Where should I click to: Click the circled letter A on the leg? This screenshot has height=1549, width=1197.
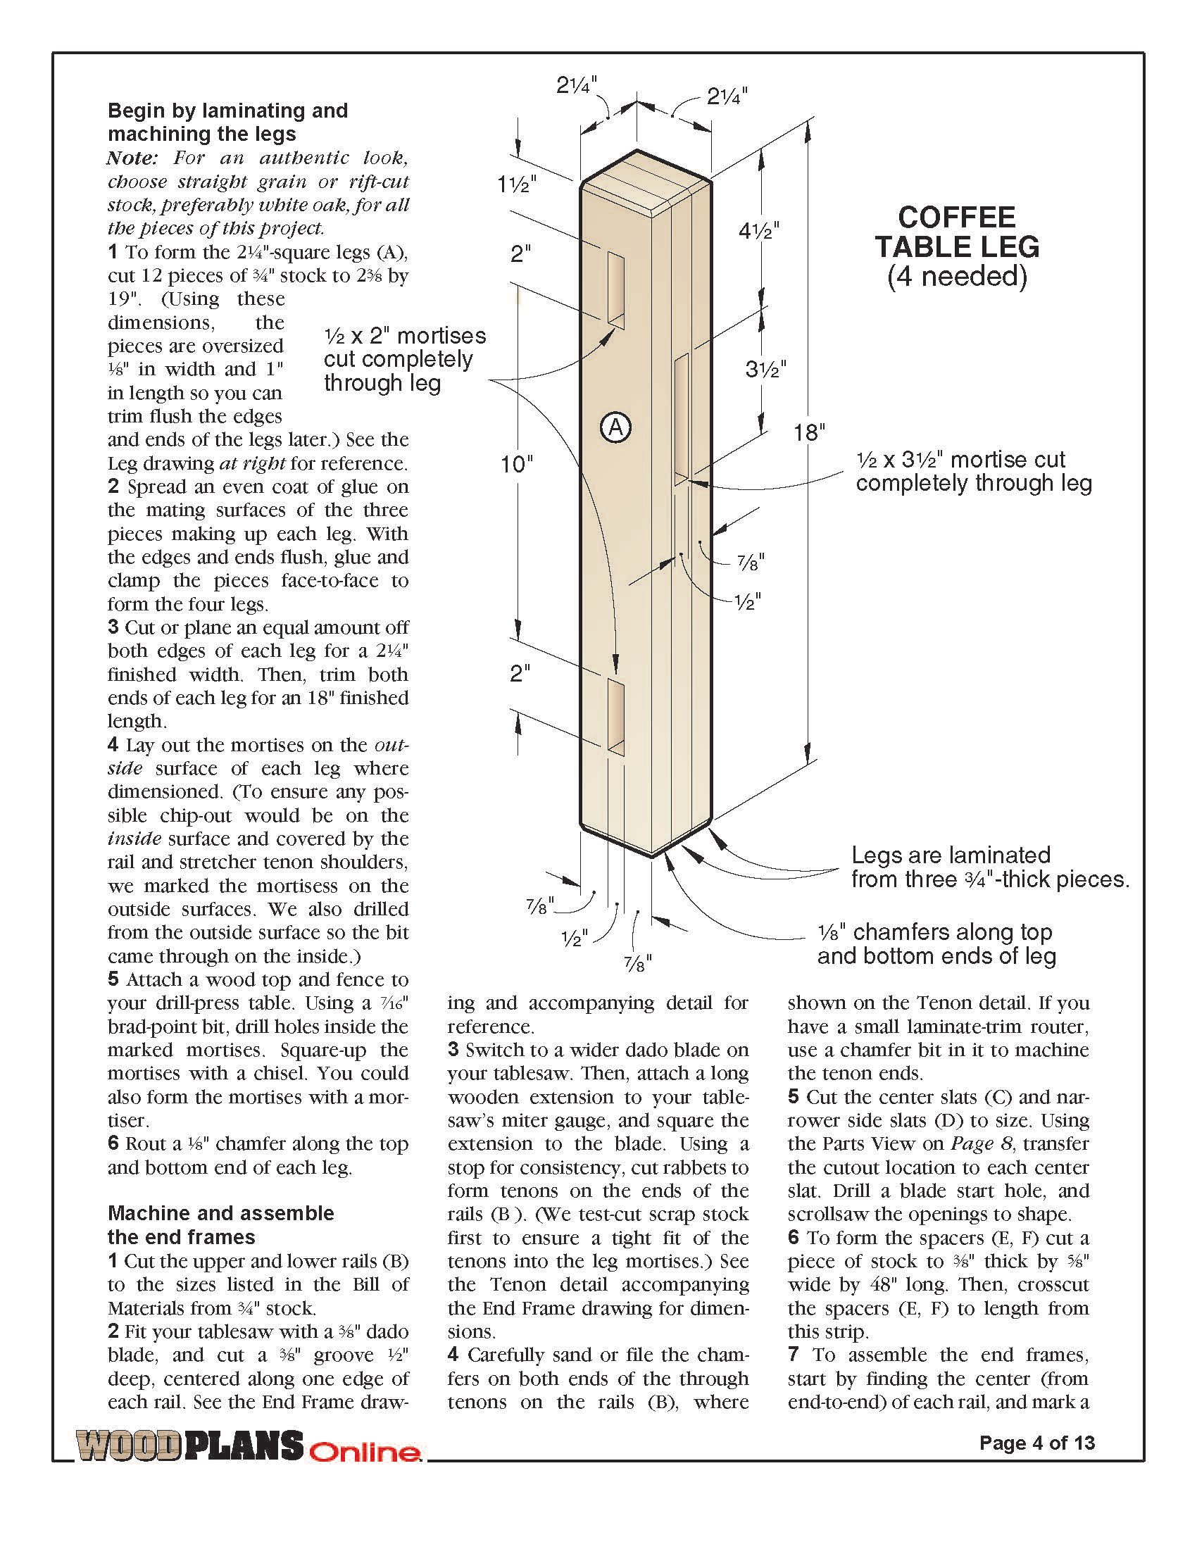coord(615,427)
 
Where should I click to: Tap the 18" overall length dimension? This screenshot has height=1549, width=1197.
coord(809,432)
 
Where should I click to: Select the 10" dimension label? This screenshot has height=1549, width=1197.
coord(517,465)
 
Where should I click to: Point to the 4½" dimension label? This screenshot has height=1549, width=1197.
coord(759,231)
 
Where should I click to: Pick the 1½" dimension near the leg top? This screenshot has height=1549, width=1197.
coord(516,184)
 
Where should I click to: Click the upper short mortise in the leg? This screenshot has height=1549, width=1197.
coord(615,288)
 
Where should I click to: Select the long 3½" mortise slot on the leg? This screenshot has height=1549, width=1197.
coord(681,418)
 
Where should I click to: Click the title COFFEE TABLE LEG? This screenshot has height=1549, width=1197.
coord(957,232)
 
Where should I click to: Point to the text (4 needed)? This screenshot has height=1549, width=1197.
coord(957,276)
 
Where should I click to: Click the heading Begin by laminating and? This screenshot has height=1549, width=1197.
coord(227,111)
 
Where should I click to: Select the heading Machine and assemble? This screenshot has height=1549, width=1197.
coord(220,1212)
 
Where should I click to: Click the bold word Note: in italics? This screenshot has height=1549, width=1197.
coord(132,158)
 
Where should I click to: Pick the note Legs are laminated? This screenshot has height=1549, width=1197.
coord(951,855)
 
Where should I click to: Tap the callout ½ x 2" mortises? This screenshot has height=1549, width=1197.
coord(405,335)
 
